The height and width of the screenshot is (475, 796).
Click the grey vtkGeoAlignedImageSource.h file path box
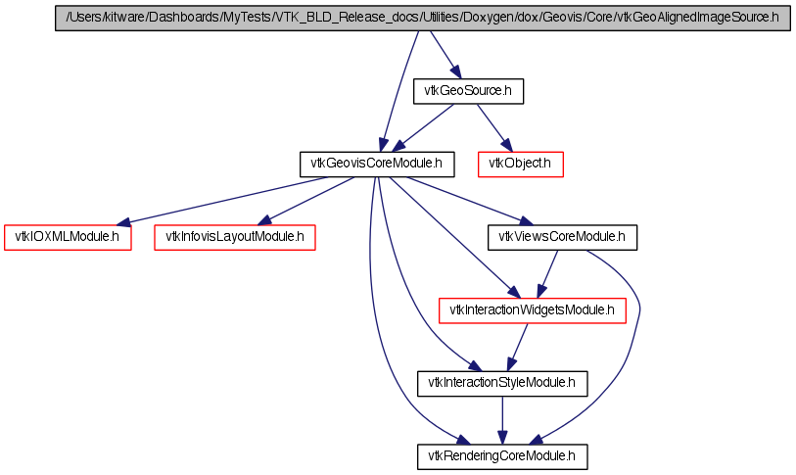point(423,19)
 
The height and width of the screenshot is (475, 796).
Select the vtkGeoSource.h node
point(468,91)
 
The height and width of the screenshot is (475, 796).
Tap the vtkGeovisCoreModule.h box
point(377,165)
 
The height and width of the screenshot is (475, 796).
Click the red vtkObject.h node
point(520,165)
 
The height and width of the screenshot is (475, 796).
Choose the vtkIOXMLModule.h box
point(68,237)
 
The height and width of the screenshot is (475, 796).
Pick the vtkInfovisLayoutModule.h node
point(235,237)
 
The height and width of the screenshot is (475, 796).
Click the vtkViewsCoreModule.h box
point(562,237)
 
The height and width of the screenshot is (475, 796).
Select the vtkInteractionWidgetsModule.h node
point(532,310)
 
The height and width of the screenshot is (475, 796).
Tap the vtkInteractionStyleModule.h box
point(502,384)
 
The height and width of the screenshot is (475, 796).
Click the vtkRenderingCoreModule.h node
point(502,456)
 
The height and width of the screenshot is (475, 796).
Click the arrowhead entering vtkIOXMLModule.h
point(123,222)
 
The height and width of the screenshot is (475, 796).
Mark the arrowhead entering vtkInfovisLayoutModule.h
point(265,220)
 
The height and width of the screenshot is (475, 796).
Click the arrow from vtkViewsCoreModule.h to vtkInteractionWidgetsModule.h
point(547,274)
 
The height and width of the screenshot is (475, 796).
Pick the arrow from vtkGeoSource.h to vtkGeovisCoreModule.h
point(422,128)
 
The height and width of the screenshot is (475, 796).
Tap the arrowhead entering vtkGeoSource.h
point(455,71)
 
